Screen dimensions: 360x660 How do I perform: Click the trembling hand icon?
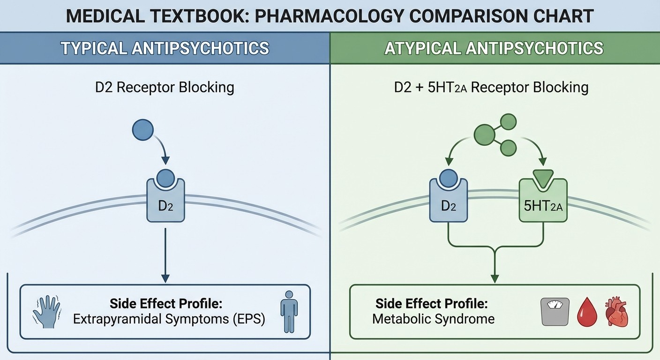click(x=46, y=311)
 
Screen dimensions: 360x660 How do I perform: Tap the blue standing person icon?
click(x=289, y=311)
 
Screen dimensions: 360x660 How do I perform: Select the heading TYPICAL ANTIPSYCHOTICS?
click(x=165, y=48)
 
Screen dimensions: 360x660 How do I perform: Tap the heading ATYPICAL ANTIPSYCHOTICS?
click(x=494, y=48)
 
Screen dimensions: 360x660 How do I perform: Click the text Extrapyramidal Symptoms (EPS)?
click(x=169, y=320)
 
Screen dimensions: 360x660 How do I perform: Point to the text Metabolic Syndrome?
click(x=434, y=319)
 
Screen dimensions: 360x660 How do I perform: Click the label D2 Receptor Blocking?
click(x=165, y=88)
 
